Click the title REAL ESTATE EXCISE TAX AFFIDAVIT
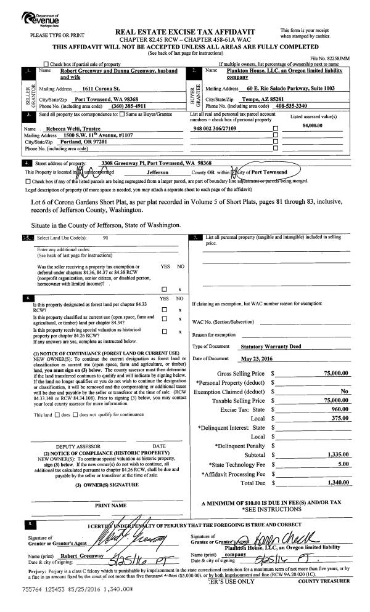pyautogui.click(x=184, y=32)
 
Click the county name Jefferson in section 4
pyautogui.click(x=161, y=172)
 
